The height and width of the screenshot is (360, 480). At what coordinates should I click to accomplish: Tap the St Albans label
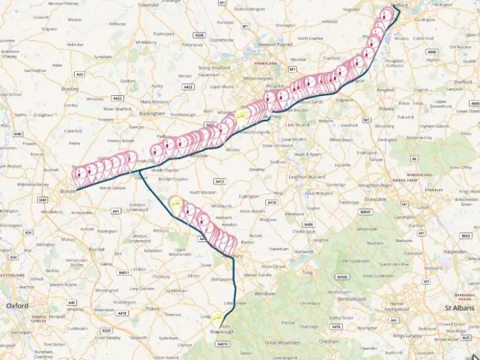[x=459, y=308]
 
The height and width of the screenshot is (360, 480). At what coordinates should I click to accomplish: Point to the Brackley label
[x=69, y=88]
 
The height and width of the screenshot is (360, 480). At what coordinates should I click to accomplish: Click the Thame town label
[x=154, y=309]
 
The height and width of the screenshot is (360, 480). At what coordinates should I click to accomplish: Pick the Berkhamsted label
[x=351, y=299]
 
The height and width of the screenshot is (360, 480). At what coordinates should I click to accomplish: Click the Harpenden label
[x=455, y=252]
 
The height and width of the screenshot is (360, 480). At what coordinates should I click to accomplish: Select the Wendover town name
[x=265, y=293]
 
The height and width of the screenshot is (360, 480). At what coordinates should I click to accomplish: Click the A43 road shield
[x=80, y=74]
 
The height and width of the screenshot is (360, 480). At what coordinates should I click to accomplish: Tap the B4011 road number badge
[x=123, y=272]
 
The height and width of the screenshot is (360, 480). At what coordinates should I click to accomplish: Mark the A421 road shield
[x=210, y=125]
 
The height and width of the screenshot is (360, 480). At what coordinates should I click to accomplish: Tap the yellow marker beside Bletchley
[x=241, y=115]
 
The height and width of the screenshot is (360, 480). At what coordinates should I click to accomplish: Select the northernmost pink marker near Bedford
[x=385, y=15]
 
